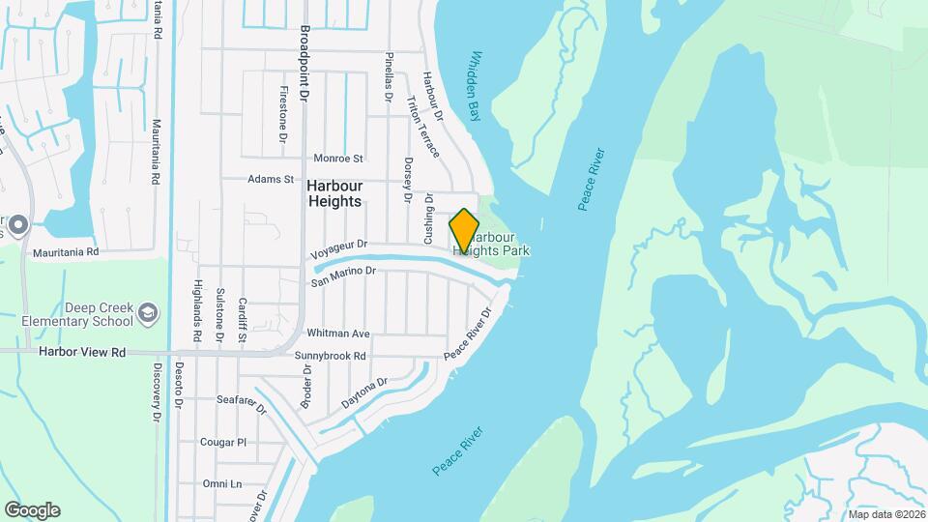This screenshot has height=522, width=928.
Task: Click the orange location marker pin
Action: point(465,230)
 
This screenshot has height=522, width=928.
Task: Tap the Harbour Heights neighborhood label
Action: point(334,193)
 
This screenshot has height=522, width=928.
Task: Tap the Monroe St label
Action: point(338,159)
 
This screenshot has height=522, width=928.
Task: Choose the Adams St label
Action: point(270,180)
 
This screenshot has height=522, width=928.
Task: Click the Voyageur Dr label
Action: point(339,250)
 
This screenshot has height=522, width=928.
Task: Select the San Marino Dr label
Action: point(342,276)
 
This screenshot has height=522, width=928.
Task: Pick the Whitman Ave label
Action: point(338,333)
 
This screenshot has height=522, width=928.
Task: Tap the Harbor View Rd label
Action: point(83,353)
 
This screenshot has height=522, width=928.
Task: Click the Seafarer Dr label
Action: point(241,404)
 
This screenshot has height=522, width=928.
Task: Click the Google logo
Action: point(32,510)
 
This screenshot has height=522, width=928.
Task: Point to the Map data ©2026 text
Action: point(884,514)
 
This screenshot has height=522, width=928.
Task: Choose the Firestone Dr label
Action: point(284,116)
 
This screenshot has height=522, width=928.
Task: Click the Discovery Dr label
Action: point(156,391)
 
